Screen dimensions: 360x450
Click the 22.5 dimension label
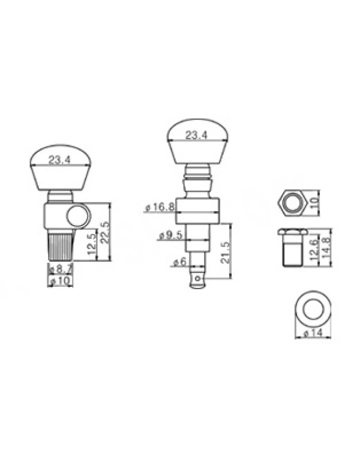click(106, 232)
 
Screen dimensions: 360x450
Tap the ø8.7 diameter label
click(61, 269)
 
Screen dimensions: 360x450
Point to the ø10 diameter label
click(60, 281)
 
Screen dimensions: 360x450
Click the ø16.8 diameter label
click(160, 207)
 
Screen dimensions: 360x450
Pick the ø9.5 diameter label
click(170, 235)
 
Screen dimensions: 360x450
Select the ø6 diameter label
click(179, 262)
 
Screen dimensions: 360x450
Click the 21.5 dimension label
click(226, 253)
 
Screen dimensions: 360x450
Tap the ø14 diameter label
click(313, 334)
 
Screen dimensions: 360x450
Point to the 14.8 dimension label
click(326, 247)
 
